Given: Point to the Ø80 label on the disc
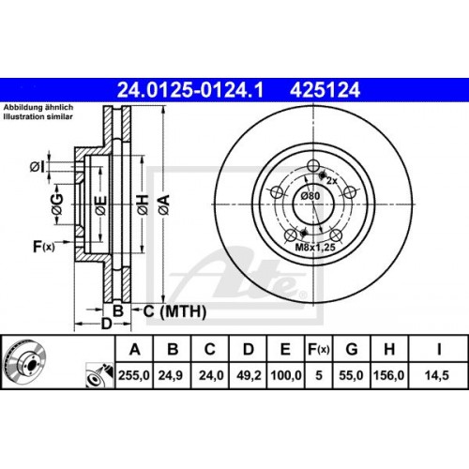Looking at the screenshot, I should pyautogui.click(x=310, y=195).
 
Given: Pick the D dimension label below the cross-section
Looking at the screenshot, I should pyautogui.click(x=106, y=324).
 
